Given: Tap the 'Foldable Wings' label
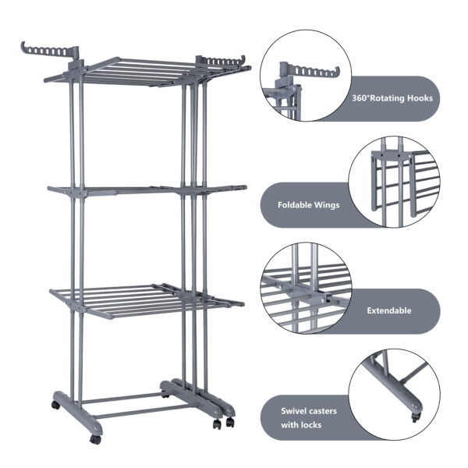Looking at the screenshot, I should point(307,207).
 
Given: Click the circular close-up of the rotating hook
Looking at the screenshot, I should point(306,76).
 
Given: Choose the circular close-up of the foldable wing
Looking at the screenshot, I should point(393,183).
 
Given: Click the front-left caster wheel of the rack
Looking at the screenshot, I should point(95,439).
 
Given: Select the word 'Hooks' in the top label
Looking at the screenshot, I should point(418,99).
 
